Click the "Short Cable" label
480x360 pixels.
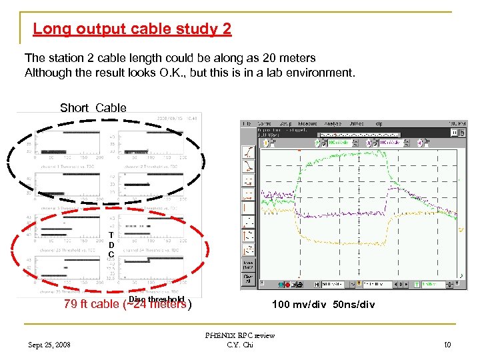coord(93,108)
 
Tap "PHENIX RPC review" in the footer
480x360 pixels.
coord(239,335)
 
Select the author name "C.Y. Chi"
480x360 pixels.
coord(239,345)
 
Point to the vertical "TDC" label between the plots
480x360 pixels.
coord(111,245)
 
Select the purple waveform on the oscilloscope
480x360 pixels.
coord(333,215)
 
